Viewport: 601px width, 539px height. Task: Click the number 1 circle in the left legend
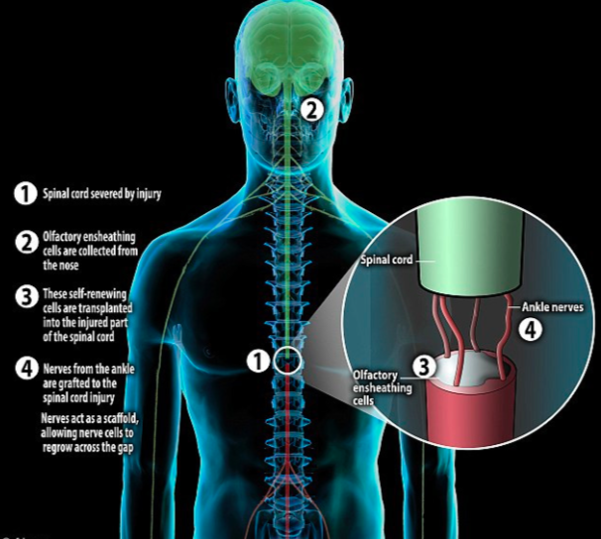click(x=26, y=193)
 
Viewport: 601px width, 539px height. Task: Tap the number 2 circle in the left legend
click(x=27, y=243)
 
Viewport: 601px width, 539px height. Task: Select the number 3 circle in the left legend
click(x=27, y=296)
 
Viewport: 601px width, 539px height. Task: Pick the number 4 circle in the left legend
click(x=27, y=369)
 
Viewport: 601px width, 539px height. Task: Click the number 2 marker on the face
click(x=312, y=110)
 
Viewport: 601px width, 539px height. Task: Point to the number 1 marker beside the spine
click(x=258, y=361)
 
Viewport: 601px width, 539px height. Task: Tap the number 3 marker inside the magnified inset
click(x=423, y=367)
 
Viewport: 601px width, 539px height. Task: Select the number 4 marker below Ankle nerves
click(x=531, y=330)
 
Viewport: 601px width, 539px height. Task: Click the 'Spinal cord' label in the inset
click(x=387, y=260)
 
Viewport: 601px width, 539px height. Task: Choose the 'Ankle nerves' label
click(x=552, y=307)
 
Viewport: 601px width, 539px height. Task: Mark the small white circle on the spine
click(x=288, y=360)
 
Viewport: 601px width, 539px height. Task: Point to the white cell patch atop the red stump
click(x=467, y=370)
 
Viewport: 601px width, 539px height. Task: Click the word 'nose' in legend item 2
click(x=69, y=266)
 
